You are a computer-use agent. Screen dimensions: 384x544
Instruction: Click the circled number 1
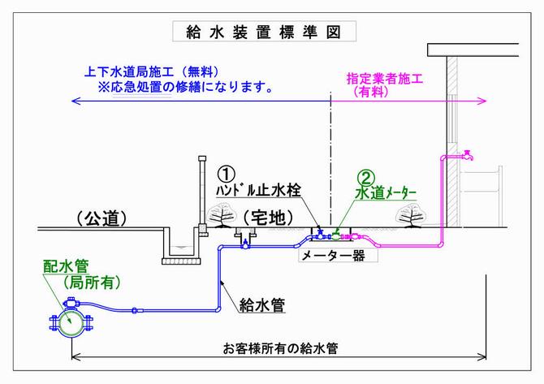[x=227, y=174]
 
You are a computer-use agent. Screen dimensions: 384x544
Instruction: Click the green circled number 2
[x=367, y=178]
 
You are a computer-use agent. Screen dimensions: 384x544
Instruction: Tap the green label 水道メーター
[x=386, y=193]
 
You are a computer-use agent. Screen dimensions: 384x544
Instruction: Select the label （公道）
[x=105, y=218]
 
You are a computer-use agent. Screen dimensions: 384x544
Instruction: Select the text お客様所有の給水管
[x=280, y=348]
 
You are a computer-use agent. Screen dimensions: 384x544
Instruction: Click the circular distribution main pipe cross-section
[x=68, y=321]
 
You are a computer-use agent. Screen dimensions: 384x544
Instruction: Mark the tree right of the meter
[x=410, y=214]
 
